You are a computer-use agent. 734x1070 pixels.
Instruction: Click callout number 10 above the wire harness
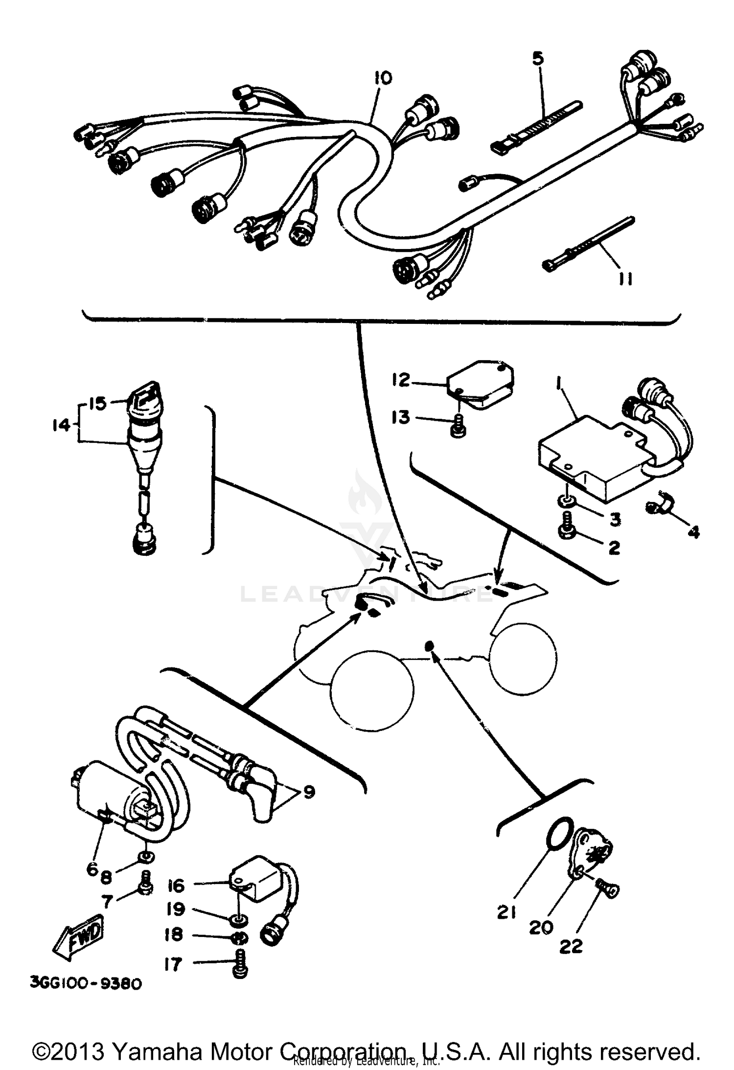[x=383, y=78]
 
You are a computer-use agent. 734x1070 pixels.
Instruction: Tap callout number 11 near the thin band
[x=625, y=278]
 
